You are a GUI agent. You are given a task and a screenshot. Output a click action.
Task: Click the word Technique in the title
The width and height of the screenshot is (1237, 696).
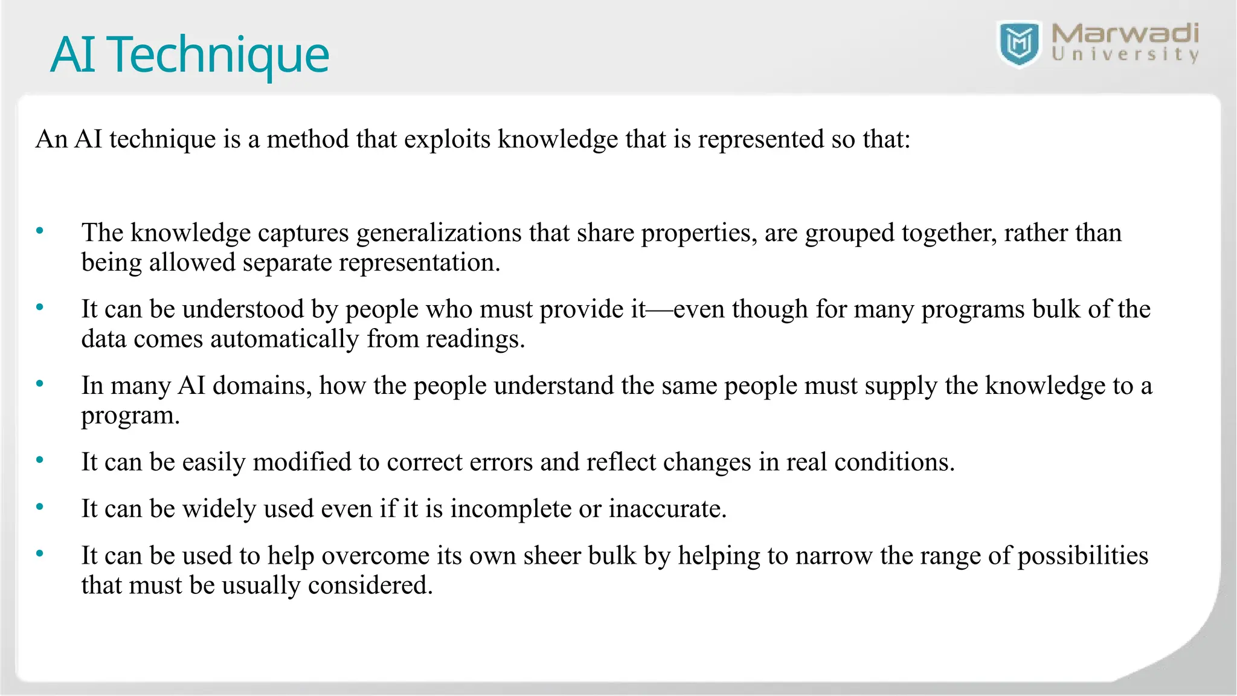tap(220, 55)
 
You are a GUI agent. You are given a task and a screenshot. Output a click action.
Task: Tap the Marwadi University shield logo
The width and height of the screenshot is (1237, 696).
tap(1020, 43)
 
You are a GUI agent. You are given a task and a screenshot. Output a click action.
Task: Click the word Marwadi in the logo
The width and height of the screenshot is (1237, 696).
tap(1125, 34)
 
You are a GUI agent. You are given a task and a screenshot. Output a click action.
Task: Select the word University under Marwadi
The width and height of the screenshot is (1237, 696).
tap(1125, 55)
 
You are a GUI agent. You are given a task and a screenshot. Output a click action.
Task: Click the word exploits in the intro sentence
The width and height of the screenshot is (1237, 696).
tap(448, 140)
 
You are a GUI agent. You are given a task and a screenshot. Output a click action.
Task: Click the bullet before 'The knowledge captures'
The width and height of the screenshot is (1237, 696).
tap(40, 231)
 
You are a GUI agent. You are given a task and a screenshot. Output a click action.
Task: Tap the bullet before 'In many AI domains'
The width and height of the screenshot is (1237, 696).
tap(40, 384)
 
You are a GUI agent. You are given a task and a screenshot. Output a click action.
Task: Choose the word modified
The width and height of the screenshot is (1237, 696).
tap(302, 462)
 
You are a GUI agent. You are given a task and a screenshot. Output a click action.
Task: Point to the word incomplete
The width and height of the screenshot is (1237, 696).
tap(511, 509)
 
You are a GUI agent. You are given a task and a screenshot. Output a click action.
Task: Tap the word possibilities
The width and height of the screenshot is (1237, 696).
tap(1083, 556)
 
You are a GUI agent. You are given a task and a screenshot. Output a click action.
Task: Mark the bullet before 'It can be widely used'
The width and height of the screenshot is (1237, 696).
tap(40, 507)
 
